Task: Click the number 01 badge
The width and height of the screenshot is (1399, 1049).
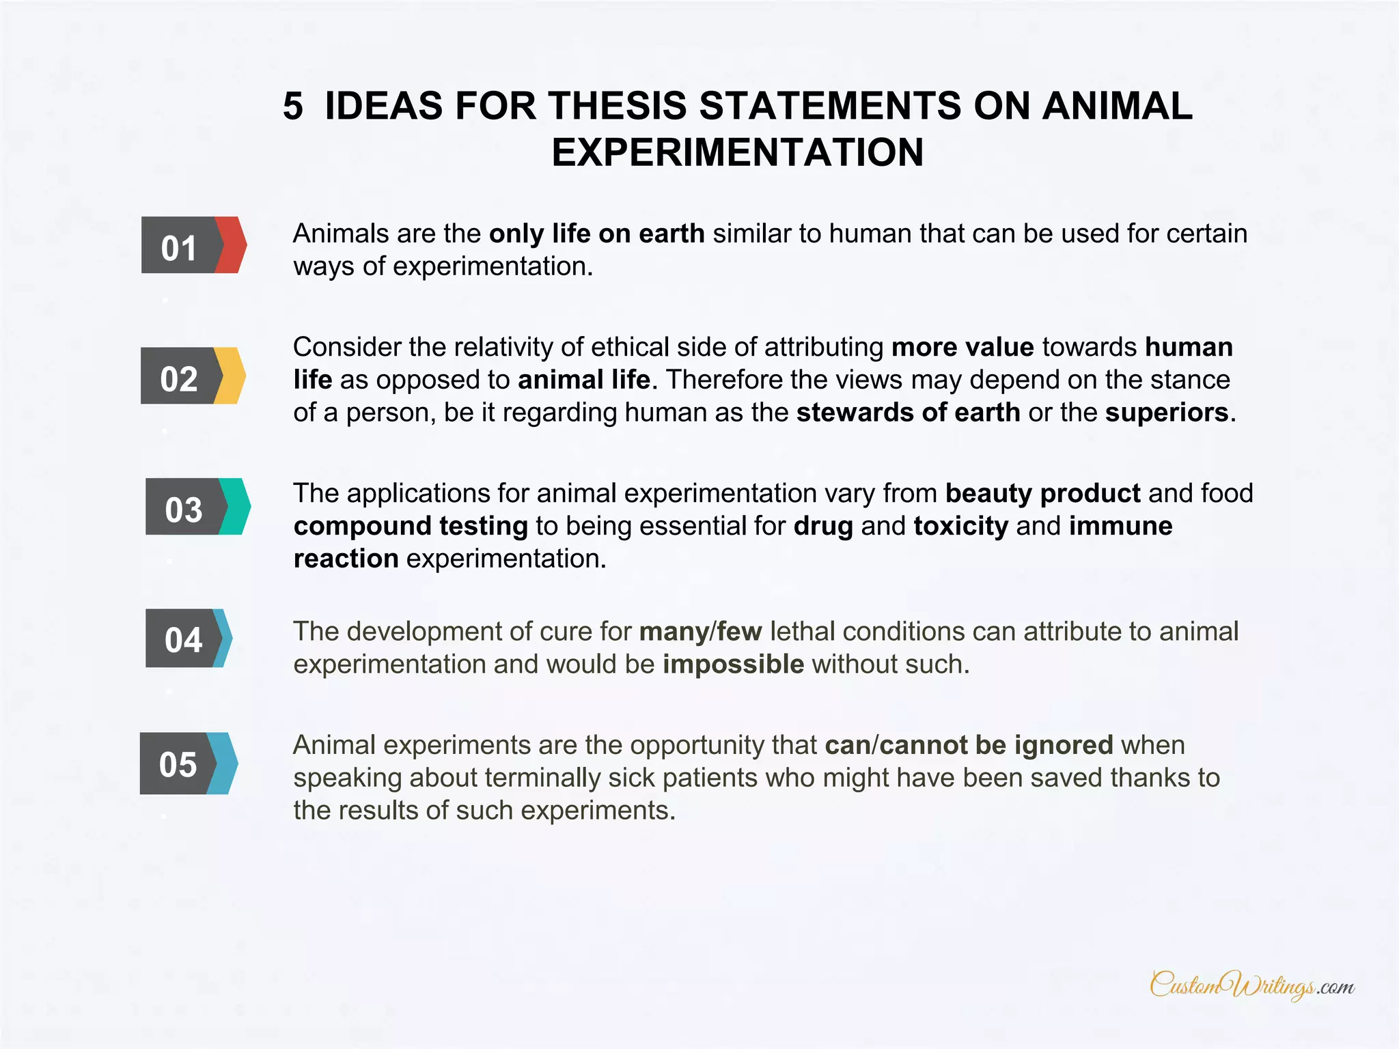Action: tap(180, 246)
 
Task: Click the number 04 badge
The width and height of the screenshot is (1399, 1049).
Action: tap(183, 639)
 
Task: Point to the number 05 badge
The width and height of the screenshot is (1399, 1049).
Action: tap(178, 764)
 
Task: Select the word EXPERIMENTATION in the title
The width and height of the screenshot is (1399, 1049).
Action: tap(737, 152)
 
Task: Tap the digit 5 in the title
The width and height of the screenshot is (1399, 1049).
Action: tap(292, 107)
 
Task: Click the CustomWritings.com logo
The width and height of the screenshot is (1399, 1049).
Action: tap(1251, 985)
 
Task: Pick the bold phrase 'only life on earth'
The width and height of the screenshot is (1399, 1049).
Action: tap(596, 234)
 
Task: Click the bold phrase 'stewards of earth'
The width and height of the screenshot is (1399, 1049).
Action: tap(908, 412)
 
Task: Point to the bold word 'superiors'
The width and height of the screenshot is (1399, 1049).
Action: tap(1167, 412)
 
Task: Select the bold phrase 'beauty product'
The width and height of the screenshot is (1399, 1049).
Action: tap(1042, 493)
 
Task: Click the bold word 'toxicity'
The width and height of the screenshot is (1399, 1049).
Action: tap(960, 526)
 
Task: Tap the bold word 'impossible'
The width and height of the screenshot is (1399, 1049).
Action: tap(733, 664)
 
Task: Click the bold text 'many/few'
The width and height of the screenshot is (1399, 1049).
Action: tap(700, 632)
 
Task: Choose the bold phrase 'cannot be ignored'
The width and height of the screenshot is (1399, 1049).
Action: tap(996, 745)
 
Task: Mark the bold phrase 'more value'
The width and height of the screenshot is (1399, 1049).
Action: tap(962, 347)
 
